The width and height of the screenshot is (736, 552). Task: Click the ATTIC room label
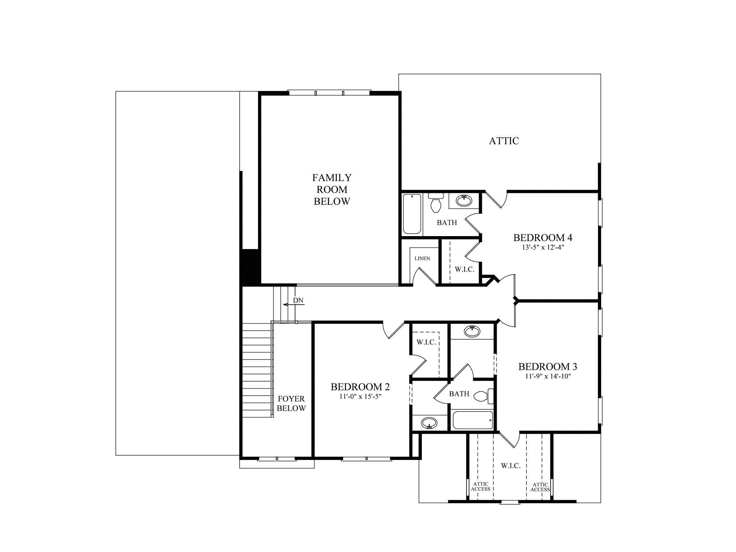pos(504,141)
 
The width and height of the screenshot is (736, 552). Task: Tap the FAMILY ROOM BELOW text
pos(332,189)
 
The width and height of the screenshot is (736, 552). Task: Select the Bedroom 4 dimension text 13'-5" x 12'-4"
pos(542,248)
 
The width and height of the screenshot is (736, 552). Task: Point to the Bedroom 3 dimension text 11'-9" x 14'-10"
pos(547,376)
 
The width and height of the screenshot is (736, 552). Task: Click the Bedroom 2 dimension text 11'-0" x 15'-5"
pos(360,396)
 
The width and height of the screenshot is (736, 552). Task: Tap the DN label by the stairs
pos(298,300)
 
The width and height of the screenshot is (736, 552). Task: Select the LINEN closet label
pos(422,258)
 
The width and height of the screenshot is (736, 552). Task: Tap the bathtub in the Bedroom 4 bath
pos(412,214)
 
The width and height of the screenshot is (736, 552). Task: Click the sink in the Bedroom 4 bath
pos(464,200)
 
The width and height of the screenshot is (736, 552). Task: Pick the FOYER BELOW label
pos(291,404)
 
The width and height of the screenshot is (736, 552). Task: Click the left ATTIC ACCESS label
pos(480,487)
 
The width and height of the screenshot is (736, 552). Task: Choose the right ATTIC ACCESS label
pos(540,487)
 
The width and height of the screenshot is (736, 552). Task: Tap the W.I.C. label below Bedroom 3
pos(511,466)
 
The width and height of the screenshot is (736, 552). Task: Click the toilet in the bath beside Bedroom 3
pos(483,396)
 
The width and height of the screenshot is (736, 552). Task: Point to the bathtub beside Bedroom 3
pos(473,420)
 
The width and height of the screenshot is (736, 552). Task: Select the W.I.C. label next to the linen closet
pos(464,269)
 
